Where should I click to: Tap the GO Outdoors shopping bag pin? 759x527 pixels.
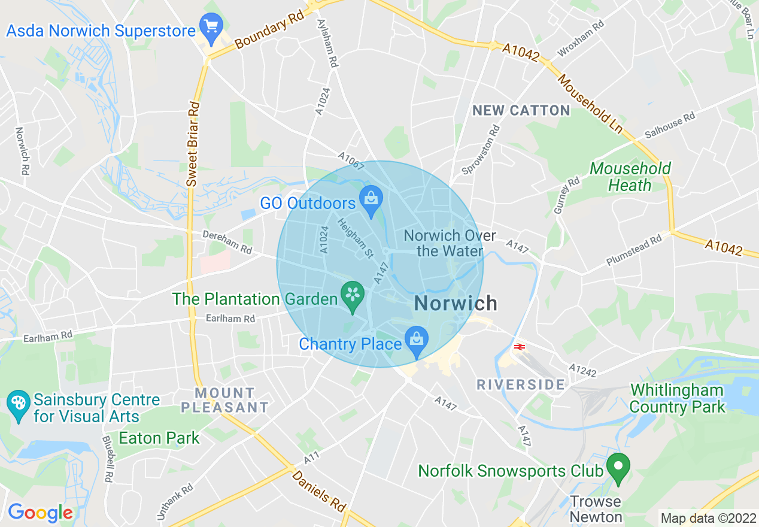pos(371,199)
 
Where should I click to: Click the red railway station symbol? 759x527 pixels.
pos(519,346)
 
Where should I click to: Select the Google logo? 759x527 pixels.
pos(40,513)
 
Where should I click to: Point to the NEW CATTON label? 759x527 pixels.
pos(521,110)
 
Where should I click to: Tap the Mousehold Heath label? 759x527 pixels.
pos(630,177)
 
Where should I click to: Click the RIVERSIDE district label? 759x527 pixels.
pos(520,384)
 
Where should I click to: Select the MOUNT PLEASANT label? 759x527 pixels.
pos(225,400)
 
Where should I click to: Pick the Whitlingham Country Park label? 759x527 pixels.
pos(676,399)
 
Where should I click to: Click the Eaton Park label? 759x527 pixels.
pos(159,438)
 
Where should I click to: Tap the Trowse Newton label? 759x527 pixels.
pos(596,508)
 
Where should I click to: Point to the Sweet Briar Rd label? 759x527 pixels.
pos(192,143)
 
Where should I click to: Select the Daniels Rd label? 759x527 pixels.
pos(319,491)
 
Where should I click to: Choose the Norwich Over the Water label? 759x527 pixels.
pos(450,243)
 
